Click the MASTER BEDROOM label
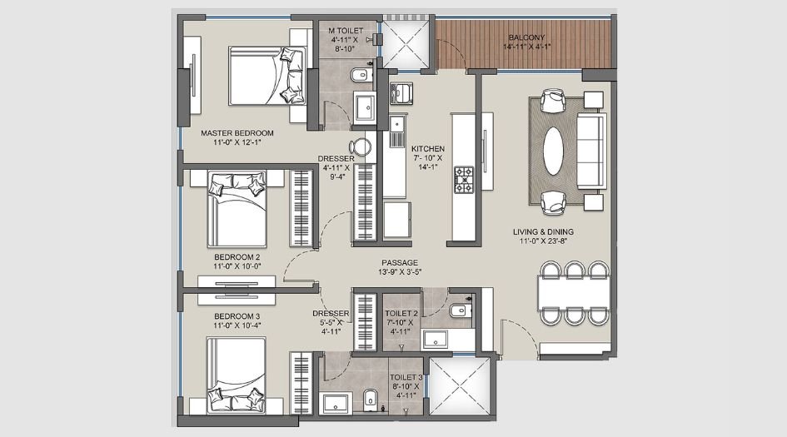coord(237,132)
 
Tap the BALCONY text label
coord(526,37)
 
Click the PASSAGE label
coord(400,263)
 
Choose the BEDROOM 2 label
coord(237,256)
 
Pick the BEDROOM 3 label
coord(237,316)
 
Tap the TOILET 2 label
coord(401,314)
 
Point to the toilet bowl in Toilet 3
coord(371,397)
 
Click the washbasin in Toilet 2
coord(435,338)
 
